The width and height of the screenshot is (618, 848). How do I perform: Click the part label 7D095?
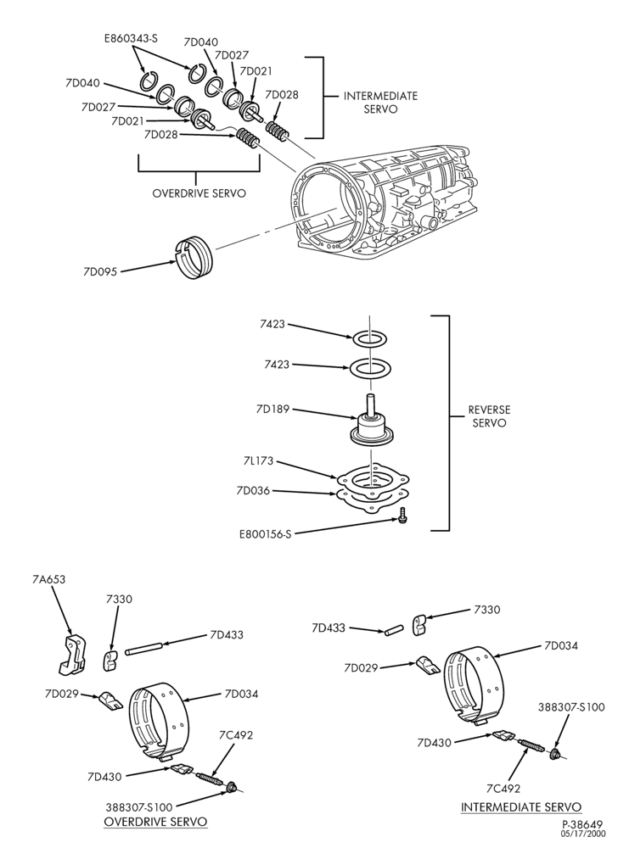(101, 271)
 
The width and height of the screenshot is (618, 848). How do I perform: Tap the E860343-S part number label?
(131, 38)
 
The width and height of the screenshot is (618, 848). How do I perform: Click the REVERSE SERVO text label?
(489, 416)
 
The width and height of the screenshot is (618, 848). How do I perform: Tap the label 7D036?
(253, 491)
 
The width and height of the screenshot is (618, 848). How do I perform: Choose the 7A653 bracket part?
(71, 655)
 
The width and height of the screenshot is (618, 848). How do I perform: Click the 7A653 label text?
(48, 579)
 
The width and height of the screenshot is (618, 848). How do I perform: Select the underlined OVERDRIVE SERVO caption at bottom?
(155, 823)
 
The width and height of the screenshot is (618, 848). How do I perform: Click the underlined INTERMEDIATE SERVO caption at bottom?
(521, 807)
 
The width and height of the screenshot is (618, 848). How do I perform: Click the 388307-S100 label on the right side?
(571, 707)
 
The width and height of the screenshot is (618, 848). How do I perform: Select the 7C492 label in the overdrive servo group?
(236, 735)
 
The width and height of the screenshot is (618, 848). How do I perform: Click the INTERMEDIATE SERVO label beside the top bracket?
(380, 103)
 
